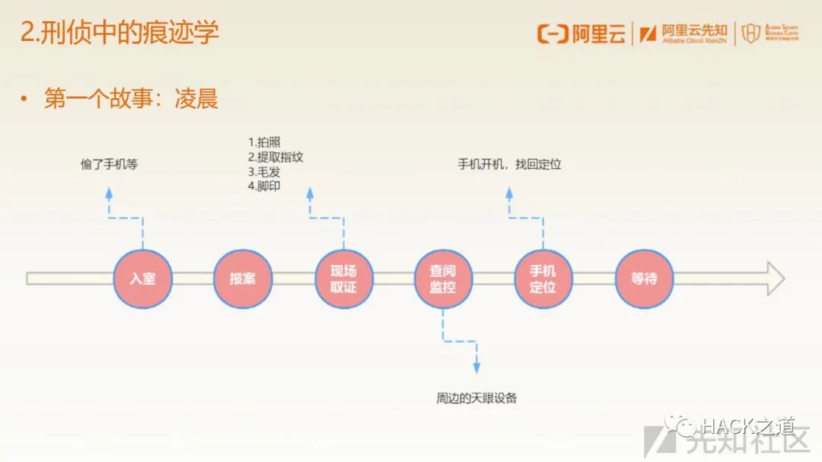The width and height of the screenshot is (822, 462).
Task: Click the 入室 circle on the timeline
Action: coord(142,279)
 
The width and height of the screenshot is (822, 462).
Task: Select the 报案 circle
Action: coord(243,279)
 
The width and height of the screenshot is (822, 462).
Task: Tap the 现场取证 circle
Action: coord(343,279)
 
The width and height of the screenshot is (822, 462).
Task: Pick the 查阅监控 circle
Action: coord(443,279)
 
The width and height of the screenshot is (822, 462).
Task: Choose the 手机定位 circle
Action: coord(543,279)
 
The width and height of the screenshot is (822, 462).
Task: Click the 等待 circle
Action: coord(644,279)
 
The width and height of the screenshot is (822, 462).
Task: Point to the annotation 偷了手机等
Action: coord(110,164)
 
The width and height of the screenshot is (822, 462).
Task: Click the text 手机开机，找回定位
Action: coord(509,164)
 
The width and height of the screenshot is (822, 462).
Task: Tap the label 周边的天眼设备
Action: coord(476,398)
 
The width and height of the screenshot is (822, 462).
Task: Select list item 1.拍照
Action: coord(264,142)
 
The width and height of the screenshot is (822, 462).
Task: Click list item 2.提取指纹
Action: coord(276,157)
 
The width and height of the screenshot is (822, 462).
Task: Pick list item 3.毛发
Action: coord(264,171)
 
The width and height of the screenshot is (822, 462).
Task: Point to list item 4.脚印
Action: coord(264,186)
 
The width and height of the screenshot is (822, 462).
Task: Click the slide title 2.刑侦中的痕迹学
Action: coord(119,33)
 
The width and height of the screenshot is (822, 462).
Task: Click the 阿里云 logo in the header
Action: coord(581,33)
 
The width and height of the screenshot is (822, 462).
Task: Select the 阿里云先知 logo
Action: coord(684,33)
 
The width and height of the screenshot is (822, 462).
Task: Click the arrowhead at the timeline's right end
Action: coord(775,279)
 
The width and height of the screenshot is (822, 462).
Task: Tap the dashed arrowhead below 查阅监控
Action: coord(476,368)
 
